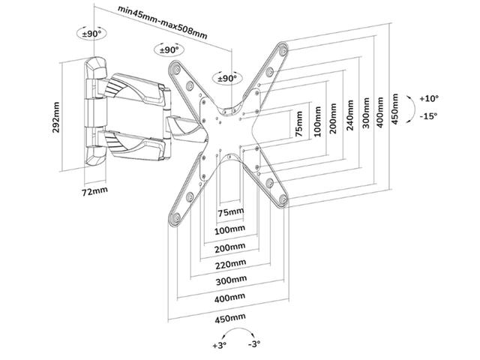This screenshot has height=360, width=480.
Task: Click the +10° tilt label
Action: [x=429, y=98]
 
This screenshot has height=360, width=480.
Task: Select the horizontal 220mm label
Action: [x=227, y=264]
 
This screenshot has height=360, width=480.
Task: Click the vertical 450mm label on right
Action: [x=394, y=112]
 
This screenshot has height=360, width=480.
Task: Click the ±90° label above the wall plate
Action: [x=91, y=34]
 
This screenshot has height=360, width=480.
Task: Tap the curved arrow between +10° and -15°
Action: [x=410, y=106]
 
